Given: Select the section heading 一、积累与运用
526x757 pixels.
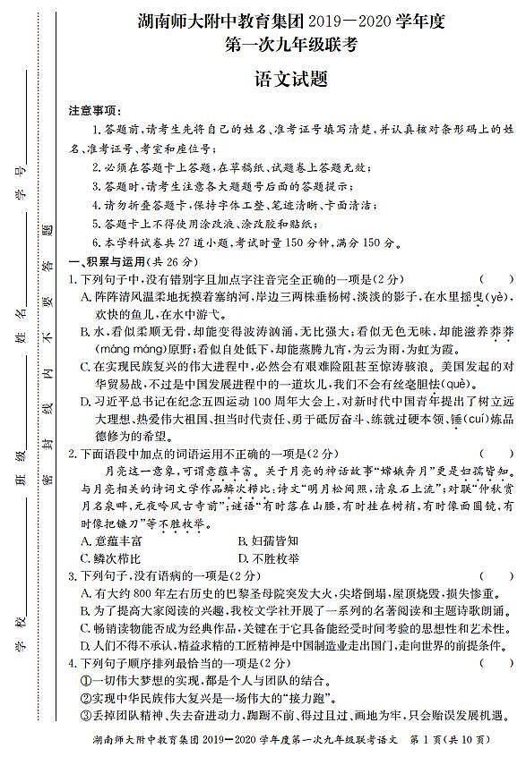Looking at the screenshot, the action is (x=116, y=261).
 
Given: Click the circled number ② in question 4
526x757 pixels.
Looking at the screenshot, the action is (x=86, y=697).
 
